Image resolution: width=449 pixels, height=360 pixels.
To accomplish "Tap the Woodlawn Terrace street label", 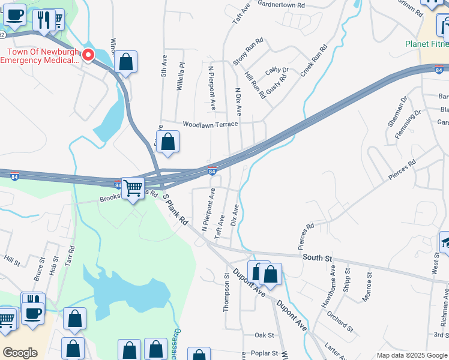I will pyautogui.click(x=210, y=125).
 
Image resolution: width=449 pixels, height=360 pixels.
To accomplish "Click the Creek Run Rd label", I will pyautogui.click(x=313, y=59).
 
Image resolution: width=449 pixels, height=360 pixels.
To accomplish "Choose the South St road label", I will pyautogui.click(x=317, y=257).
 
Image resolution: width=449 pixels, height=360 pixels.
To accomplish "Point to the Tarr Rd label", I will pyautogui.click(x=70, y=256).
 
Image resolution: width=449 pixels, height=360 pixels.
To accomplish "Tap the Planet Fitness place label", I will pyautogui.click(x=426, y=44).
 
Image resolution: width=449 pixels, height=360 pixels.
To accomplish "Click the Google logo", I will pyautogui.click(x=20, y=353).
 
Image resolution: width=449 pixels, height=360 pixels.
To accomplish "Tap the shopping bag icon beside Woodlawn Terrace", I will pyautogui.click(x=168, y=142).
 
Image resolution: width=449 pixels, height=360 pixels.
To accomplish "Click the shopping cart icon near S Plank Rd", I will pyautogui.click(x=132, y=188).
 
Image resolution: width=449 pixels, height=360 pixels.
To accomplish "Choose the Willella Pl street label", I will pyautogui.click(x=179, y=77).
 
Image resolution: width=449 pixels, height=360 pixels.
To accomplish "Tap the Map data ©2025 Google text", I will pyautogui.click(x=412, y=355).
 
